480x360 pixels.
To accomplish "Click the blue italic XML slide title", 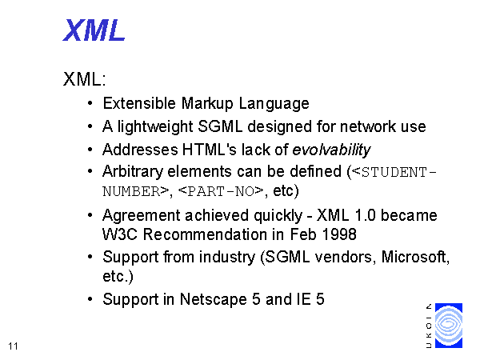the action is point(94,30).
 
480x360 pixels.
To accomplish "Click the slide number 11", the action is point(13,346).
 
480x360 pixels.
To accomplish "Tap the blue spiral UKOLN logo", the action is point(449,326).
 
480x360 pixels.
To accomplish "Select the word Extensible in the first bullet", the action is point(139,103).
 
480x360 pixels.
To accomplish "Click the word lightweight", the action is point(155,126).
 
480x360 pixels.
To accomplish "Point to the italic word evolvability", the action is point(331,150).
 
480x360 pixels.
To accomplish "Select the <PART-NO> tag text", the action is point(221,191).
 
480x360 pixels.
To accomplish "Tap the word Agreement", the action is point(142,216).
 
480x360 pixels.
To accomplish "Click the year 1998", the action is point(339,234).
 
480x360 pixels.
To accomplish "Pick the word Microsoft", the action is point(415,257).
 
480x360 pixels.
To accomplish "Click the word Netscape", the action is point(213,299).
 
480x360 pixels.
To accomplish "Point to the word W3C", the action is point(120,234).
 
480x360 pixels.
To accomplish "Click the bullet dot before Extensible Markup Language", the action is point(90,103).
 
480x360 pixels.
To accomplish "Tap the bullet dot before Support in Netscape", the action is point(90,299).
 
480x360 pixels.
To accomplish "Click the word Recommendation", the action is point(205,234).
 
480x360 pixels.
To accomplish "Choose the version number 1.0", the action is point(365,215).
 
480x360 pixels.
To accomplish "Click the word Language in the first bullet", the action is point(274,104).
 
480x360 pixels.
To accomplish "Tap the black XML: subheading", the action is point(85,79).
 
